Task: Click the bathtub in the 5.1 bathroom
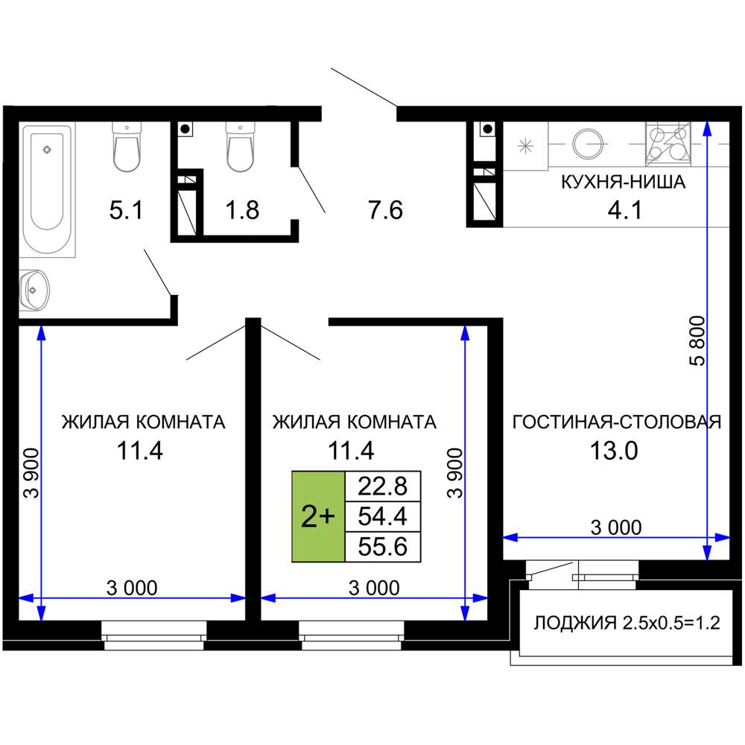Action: [48, 189]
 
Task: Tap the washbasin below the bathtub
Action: [34, 290]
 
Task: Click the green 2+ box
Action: [318, 516]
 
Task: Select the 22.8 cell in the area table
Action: [383, 486]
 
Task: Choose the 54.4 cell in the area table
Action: [383, 516]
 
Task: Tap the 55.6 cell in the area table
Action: [383, 547]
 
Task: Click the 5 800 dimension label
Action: [697, 340]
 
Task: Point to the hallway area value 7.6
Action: [385, 210]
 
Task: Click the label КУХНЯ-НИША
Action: [624, 182]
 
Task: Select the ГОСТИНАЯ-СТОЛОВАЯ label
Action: [617, 422]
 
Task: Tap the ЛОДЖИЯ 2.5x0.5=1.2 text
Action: [627, 622]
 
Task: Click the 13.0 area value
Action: [614, 451]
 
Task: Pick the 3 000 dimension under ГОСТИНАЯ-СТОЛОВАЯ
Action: [616, 527]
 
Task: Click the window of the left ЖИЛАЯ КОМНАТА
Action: [154, 635]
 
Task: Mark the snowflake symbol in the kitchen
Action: [525, 146]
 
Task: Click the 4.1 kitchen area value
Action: [625, 210]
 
